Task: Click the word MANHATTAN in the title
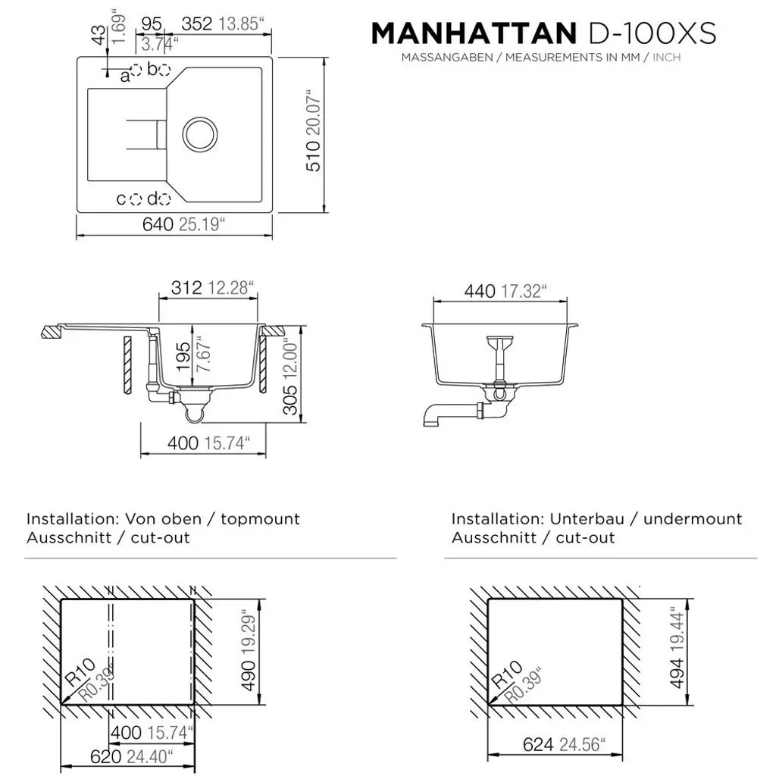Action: (474, 33)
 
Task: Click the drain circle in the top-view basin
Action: (200, 134)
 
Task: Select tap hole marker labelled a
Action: (136, 70)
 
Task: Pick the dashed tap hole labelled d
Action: (164, 199)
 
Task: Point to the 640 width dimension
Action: (158, 224)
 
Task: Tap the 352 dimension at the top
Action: (196, 23)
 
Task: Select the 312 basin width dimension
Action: (186, 287)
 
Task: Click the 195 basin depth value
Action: (183, 357)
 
